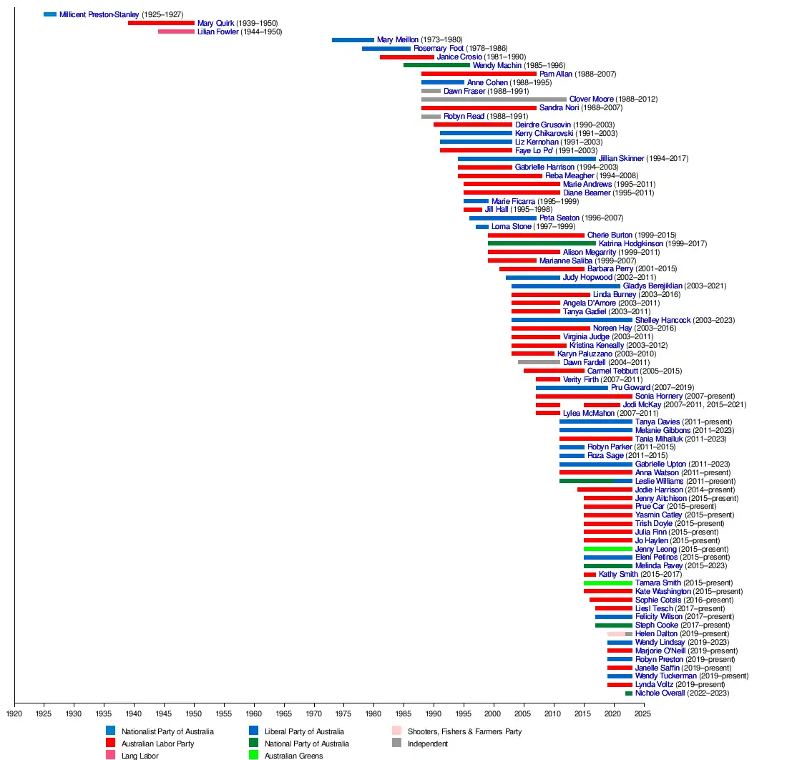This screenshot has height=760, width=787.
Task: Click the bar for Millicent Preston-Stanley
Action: click(x=50, y=14)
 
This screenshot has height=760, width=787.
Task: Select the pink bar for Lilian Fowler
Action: click(x=176, y=31)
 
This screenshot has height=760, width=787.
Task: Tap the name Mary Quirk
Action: click(x=215, y=23)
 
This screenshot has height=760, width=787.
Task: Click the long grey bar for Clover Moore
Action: click(x=494, y=99)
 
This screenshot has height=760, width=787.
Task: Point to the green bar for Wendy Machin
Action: click(x=436, y=65)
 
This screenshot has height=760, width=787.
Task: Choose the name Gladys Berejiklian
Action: click(x=652, y=286)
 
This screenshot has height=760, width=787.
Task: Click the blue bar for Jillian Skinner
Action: click(x=527, y=159)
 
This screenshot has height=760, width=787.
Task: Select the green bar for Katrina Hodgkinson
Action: click(x=542, y=243)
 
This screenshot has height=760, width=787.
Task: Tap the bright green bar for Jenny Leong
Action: click(x=607, y=549)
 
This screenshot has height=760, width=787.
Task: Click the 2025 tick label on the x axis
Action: click(x=643, y=713)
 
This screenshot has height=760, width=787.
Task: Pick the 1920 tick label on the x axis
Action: click(x=14, y=713)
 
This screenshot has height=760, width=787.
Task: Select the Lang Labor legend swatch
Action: click(x=111, y=755)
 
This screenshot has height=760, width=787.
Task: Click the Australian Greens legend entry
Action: click(x=294, y=756)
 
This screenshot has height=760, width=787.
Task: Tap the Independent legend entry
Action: click(x=427, y=744)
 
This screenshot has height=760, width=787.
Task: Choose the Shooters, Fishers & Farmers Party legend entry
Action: click(x=464, y=731)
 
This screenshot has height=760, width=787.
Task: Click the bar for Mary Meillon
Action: click(x=353, y=40)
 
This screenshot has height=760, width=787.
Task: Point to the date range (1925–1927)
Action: click(x=163, y=14)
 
